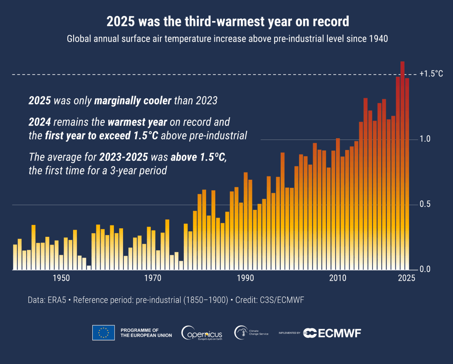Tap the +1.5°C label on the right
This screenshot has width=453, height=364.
[431, 74]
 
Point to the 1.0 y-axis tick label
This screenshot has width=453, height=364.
[425, 139]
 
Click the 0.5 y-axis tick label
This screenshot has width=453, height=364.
[425, 204]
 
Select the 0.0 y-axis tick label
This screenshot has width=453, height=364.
[425, 269]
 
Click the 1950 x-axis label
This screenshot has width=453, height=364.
[61, 278]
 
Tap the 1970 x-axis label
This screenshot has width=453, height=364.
[153, 278]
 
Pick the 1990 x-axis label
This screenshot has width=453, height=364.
[245, 278]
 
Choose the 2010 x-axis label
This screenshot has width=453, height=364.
[338, 278]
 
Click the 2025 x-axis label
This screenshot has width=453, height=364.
[406, 278]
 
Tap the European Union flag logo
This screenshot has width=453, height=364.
[103, 332]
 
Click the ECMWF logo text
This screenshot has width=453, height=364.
[338, 333]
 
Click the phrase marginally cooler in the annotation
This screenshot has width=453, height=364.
[133, 101]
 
